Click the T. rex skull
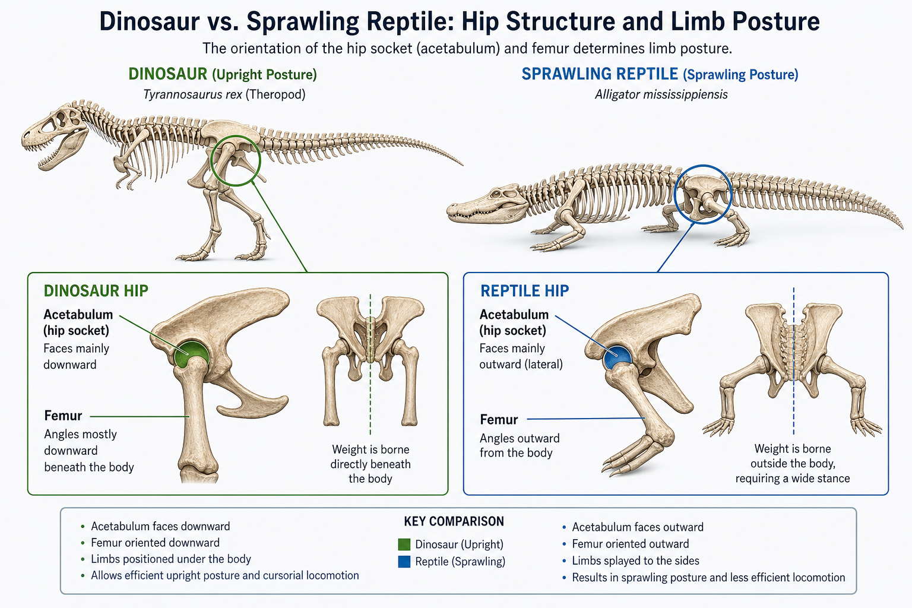[55, 134]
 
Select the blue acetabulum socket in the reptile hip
[617, 357]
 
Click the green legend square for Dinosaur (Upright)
[404, 544]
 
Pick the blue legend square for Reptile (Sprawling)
[404, 562]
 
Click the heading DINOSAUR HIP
[96, 291]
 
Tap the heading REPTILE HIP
[525, 291]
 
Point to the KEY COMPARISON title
[454, 521]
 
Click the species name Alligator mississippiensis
[661, 94]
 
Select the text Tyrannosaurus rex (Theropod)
[224, 94]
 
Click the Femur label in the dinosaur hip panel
[63, 416]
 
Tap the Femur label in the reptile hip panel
[499, 419]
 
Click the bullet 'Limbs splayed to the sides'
[635, 560]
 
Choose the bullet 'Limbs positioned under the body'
[171, 559]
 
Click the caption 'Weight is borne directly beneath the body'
[370, 464]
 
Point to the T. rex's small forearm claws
[126, 181]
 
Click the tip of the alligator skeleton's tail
[902, 229]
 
